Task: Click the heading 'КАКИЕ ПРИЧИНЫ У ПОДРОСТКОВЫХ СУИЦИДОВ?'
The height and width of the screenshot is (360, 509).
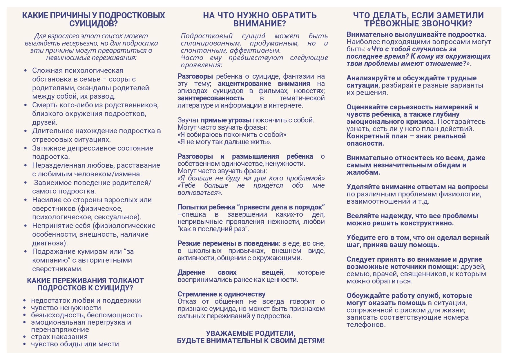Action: [93, 19]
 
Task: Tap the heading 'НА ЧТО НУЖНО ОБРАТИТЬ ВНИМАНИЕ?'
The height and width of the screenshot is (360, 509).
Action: [260, 19]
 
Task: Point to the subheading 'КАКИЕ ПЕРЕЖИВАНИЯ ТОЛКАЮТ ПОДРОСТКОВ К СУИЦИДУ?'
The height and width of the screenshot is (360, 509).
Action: [85, 284]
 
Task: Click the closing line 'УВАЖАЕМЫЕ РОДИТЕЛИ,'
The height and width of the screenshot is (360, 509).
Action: [251, 333]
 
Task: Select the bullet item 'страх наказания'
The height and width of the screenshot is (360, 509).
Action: [59, 337]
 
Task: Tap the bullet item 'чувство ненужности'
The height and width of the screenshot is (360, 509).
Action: [66, 308]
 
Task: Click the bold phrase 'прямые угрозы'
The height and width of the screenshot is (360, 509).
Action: [226, 120]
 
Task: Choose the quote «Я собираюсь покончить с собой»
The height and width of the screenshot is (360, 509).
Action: [232, 135]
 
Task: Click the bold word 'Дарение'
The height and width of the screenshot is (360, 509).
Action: [191, 272]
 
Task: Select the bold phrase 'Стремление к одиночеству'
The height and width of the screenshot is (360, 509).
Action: [221, 294]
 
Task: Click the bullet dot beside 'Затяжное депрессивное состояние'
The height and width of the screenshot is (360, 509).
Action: [26, 148]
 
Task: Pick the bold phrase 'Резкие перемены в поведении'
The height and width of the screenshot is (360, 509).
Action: [228, 243]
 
